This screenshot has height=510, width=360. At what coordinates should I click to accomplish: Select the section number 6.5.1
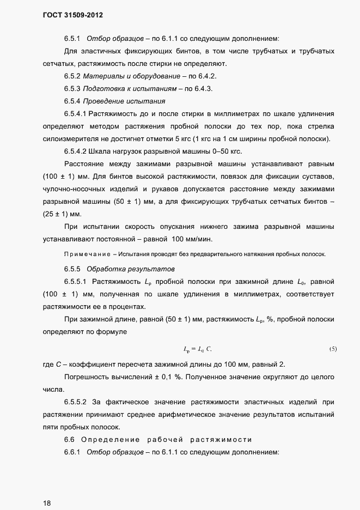pyautogui.click(x=72, y=39)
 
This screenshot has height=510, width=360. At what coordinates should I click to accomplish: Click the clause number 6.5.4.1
pyautogui.click(x=78, y=114)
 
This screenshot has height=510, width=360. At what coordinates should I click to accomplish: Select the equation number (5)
pyautogui.click(x=333, y=349)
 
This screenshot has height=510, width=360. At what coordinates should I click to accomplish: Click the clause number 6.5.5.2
pyautogui.click(x=76, y=402)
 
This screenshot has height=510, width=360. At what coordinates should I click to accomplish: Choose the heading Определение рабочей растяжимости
pyautogui.click(x=166, y=440)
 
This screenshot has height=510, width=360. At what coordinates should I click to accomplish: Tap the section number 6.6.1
pyautogui.click(x=72, y=452)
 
